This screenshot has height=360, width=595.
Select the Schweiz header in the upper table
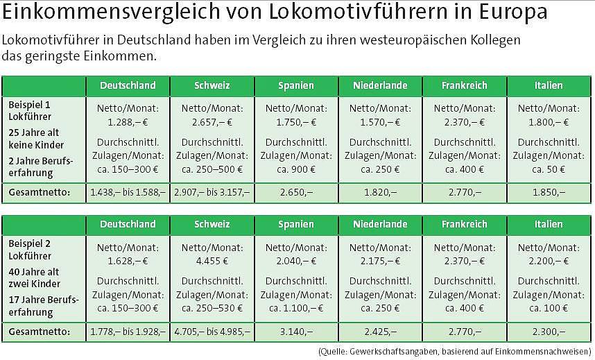coord(212,86)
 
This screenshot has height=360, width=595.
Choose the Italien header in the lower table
coord(549,224)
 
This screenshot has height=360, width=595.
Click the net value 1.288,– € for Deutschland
coord(128,121)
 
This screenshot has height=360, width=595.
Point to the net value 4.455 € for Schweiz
coord(212,260)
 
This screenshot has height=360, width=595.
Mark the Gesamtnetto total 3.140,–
coord(296,332)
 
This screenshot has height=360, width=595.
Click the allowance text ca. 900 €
coord(296,169)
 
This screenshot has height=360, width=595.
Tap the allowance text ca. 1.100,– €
coord(296,307)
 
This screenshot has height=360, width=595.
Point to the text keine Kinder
coord(36,145)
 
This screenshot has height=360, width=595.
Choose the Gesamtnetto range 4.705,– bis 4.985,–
coord(212,332)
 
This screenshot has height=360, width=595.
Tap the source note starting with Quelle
coord(454,351)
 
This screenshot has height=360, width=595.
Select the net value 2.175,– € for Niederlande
coord(380,260)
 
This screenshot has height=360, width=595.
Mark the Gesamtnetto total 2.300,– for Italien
coord(549,332)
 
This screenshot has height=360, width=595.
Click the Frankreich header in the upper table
coord(464,86)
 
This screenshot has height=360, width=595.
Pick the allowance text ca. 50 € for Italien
coord(549,169)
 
